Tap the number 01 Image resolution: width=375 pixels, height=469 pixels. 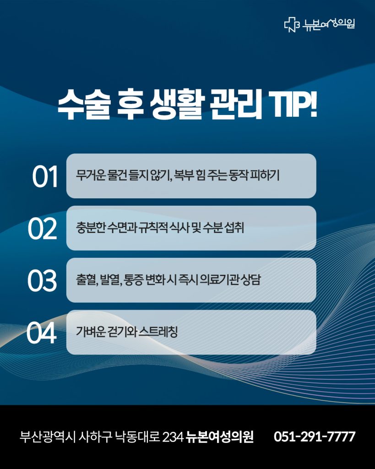(x=45, y=176)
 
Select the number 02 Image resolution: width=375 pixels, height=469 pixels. (x=42, y=229)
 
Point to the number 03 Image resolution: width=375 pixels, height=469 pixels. (x=42, y=281)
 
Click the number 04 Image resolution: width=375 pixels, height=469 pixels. (x=41, y=333)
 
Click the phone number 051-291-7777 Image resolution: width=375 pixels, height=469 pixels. (x=314, y=436)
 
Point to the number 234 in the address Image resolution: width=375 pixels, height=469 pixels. (x=173, y=437)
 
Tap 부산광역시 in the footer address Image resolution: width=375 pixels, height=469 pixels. (x=47, y=436)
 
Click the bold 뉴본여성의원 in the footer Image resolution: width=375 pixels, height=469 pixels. (x=219, y=436)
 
